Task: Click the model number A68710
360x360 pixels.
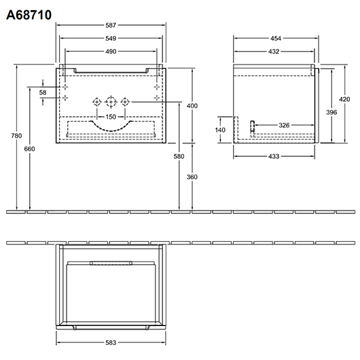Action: pos(29,15)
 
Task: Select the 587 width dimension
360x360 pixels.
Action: pos(111,25)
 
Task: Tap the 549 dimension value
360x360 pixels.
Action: pos(111,38)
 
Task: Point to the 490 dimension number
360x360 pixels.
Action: pos(111,52)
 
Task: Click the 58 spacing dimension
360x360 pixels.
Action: pos(43,92)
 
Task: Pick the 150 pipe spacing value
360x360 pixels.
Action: pos(111,117)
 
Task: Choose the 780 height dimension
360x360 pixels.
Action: pos(16,136)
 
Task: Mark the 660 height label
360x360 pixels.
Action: pos(30,149)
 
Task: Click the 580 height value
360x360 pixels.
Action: pos(179,156)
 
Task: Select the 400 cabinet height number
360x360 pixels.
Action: pos(192,105)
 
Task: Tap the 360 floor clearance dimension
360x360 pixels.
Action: pos(192,177)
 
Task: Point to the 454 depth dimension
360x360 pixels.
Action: pos(276,38)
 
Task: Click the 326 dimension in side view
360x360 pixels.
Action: pos(284,125)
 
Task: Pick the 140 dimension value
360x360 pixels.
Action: pos(220,130)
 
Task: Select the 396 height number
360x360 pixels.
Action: pos(331,112)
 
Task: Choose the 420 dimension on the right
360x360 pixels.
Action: pos(344,99)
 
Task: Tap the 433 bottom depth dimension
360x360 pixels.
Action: pos(274,156)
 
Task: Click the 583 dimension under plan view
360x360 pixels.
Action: pos(111,342)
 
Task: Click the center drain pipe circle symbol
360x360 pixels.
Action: pos(111,102)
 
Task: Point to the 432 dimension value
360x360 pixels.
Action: pos(274,52)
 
